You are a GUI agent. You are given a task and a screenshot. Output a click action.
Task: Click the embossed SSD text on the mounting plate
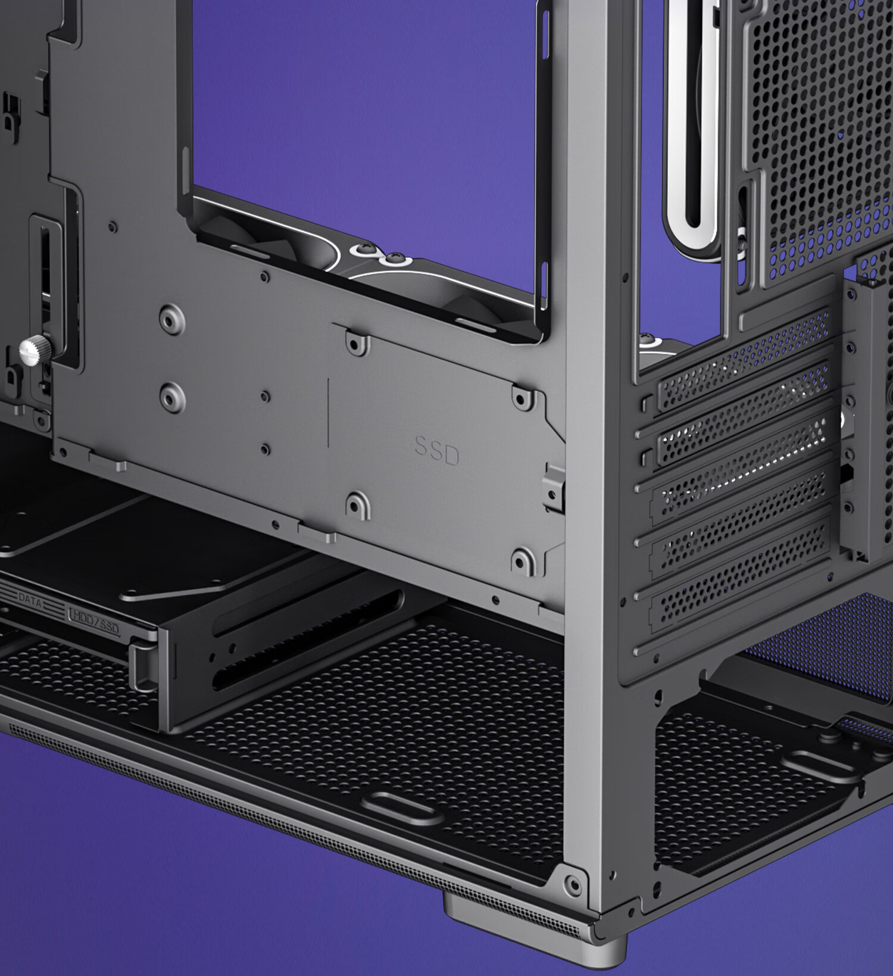(437, 451)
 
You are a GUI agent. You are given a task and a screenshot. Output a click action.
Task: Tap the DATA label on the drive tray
(30, 600)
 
